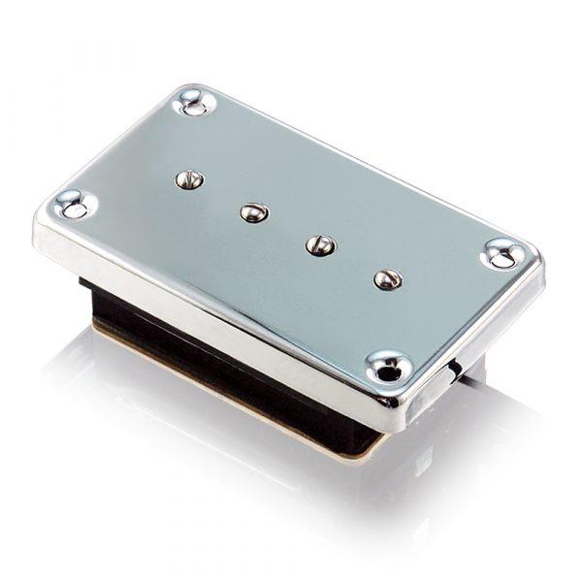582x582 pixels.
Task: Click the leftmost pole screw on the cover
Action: [x=190, y=179]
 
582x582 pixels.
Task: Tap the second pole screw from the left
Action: [x=254, y=211]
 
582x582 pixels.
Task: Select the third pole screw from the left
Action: [x=320, y=244]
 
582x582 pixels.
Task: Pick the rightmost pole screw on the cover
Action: [x=387, y=278]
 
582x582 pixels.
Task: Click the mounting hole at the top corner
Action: [x=192, y=101]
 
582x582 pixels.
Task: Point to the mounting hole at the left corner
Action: [x=72, y=204]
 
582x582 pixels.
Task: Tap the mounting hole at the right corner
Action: [x=504, y=254]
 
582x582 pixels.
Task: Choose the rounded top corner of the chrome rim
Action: [x=189, y=89]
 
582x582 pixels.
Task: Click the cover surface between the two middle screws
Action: [x=287, y=228]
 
